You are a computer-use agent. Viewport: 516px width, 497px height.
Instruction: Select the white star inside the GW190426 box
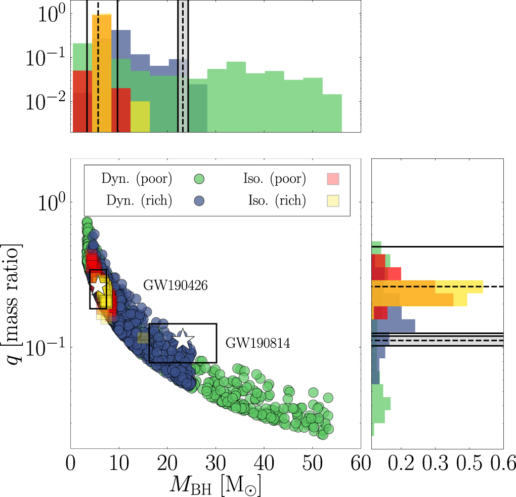click(99, 286)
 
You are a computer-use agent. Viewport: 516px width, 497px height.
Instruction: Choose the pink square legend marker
click(332, 179)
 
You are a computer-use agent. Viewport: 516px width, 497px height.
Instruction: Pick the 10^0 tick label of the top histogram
click(46, 12)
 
